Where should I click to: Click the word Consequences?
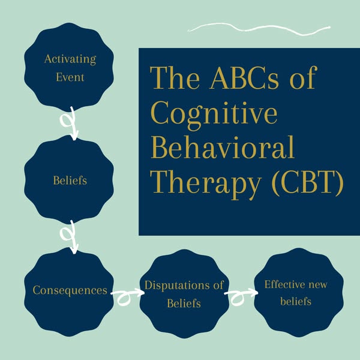[70, 291]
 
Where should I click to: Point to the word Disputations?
[172, 285]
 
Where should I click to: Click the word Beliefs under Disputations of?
[184, 304]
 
